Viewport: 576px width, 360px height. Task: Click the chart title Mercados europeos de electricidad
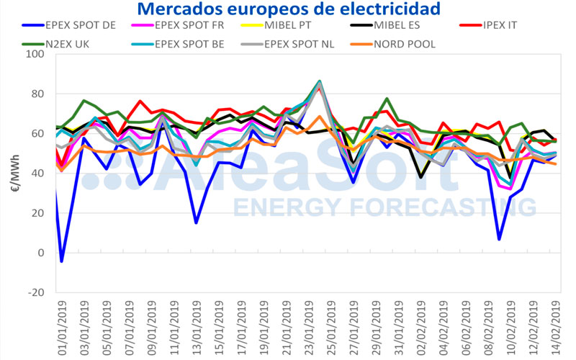[288, 9]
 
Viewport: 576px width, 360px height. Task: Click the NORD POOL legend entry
[403, 43]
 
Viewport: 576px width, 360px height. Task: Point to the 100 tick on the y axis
[35, 55]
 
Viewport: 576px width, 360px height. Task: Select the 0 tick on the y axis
[40, 253]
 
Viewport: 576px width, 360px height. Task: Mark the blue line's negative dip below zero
[61, 261]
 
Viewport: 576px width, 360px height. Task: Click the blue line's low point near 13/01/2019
[195, 222]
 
